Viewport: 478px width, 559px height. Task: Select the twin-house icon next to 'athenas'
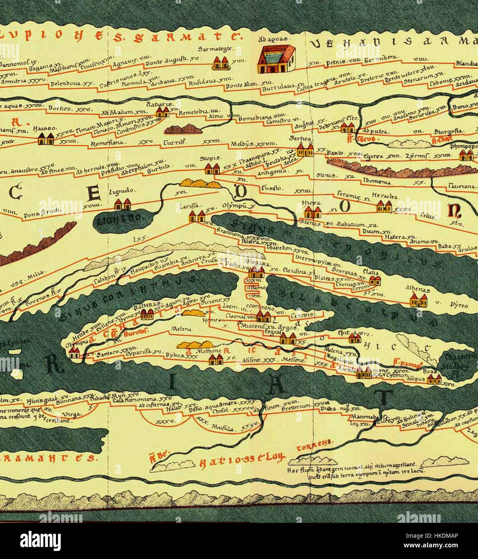(x=419, y=300)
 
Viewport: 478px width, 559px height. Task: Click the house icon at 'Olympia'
(x=74, y=353)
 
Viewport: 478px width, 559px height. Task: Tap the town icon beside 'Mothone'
(x=215, y=359)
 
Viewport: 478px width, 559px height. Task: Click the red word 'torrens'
(x=314, y=444)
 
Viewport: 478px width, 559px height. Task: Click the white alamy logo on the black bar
(x=41, y=541)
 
